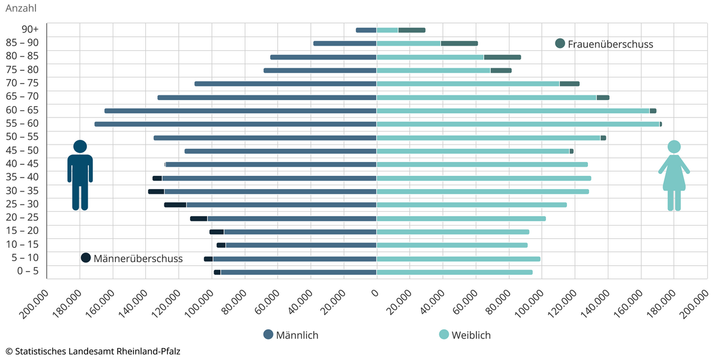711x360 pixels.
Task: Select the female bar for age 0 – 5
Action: pos(455,272)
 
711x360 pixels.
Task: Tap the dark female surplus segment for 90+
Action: pos(412,30)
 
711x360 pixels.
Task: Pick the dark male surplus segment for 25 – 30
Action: pos(175,205)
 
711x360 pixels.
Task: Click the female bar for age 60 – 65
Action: pos(513,111)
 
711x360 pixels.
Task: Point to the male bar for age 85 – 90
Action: pos(345,43)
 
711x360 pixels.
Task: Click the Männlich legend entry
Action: pos(291,335)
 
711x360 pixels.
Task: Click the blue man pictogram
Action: pos(80,175)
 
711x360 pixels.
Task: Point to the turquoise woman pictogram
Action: pos(674,175)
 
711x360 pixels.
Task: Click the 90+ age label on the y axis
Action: pos(29,29)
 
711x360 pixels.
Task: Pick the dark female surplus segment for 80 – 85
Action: pos(502,57)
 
